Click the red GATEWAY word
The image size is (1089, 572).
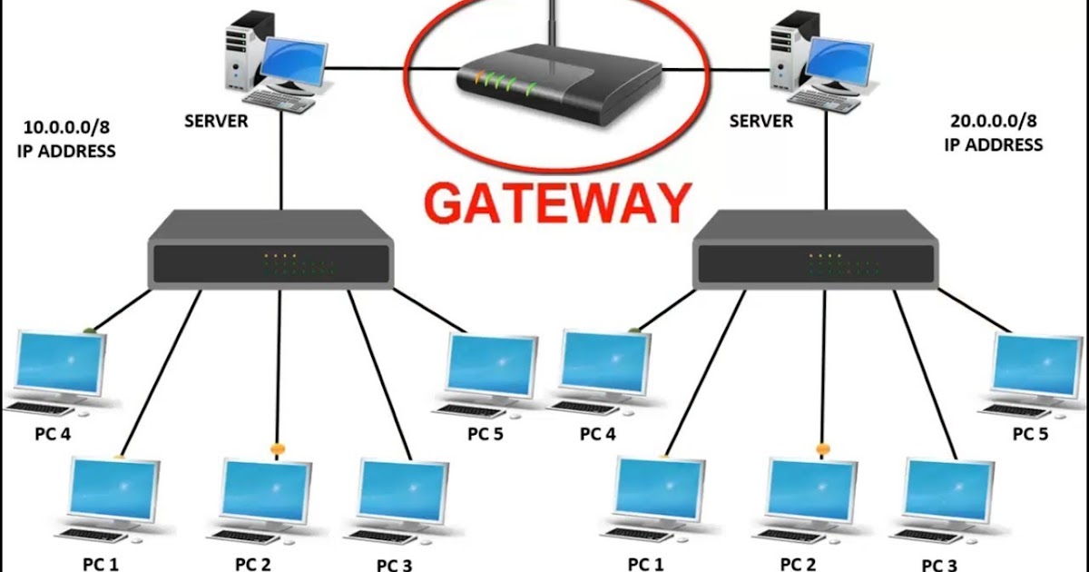coord(557,203)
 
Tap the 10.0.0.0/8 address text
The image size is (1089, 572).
coord(66,127)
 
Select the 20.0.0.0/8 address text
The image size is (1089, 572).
coord(993,121)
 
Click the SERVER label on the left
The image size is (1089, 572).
coord(216,121)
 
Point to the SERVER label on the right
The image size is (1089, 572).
coord(760,121)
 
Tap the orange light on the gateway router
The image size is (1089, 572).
coord(479,78)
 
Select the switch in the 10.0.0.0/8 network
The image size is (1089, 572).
coord(270,250)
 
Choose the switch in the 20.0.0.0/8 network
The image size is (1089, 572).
coord(815,250)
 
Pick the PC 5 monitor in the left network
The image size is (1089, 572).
coord(492,366)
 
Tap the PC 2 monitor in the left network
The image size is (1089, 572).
coord(267,491)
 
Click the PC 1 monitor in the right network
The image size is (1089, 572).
coord(660,490)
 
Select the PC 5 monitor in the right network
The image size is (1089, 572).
coord(1037,366)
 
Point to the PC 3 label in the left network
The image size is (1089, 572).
coord(394,565)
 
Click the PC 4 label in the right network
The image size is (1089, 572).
coord(597,434)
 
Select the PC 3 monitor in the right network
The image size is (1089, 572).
coord(948,492)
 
